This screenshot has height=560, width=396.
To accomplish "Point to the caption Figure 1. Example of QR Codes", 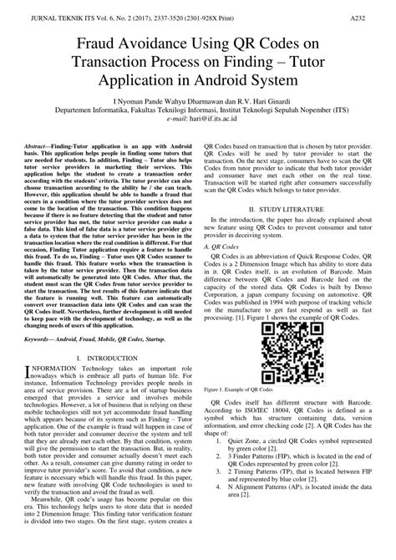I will (x=238, y=390).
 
